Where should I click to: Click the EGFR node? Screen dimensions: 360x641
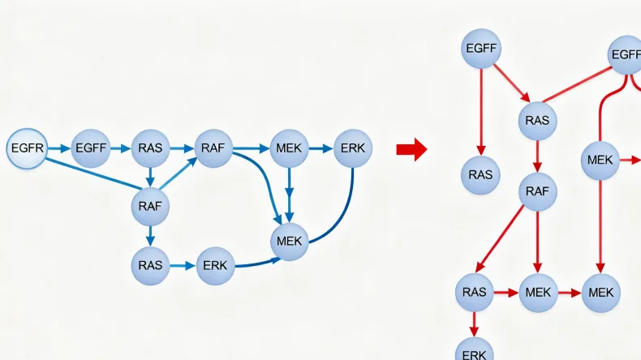[x=27, y=149]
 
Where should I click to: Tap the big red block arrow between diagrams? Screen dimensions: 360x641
[x=411, y=149]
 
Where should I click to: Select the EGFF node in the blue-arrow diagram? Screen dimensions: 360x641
[x=91, y=149]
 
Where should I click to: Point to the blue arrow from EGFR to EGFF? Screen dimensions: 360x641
[x=59, y=149]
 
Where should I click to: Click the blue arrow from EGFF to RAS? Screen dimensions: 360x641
[x=120, y=149]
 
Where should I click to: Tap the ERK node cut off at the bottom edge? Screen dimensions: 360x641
[x=474, y=350]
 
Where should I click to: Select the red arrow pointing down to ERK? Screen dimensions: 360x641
[x=474, y=324]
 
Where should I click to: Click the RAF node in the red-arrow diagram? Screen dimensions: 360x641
[x=536, y=191]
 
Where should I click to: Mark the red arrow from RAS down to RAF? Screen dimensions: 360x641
[x=536, y=156]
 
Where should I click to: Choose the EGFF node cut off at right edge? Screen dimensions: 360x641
[x=626, y=55]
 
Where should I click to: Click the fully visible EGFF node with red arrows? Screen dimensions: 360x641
[x=481, y=49]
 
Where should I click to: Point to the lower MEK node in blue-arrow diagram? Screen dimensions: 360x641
[x=289, y=241]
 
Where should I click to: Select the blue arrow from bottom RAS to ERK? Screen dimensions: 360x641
[x=183, y=265]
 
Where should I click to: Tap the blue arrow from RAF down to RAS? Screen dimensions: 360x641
[x=150, y=235]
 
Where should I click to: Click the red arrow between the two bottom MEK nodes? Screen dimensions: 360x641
[x=569, y=292]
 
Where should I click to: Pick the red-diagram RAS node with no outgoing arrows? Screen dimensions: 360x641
[x=481, y=174]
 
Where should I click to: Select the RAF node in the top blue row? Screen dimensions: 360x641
[x=215, y=149]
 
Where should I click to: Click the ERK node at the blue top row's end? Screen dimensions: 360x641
[x=353, y=149]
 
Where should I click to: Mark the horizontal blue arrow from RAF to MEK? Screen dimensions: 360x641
[x=252, y=149]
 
